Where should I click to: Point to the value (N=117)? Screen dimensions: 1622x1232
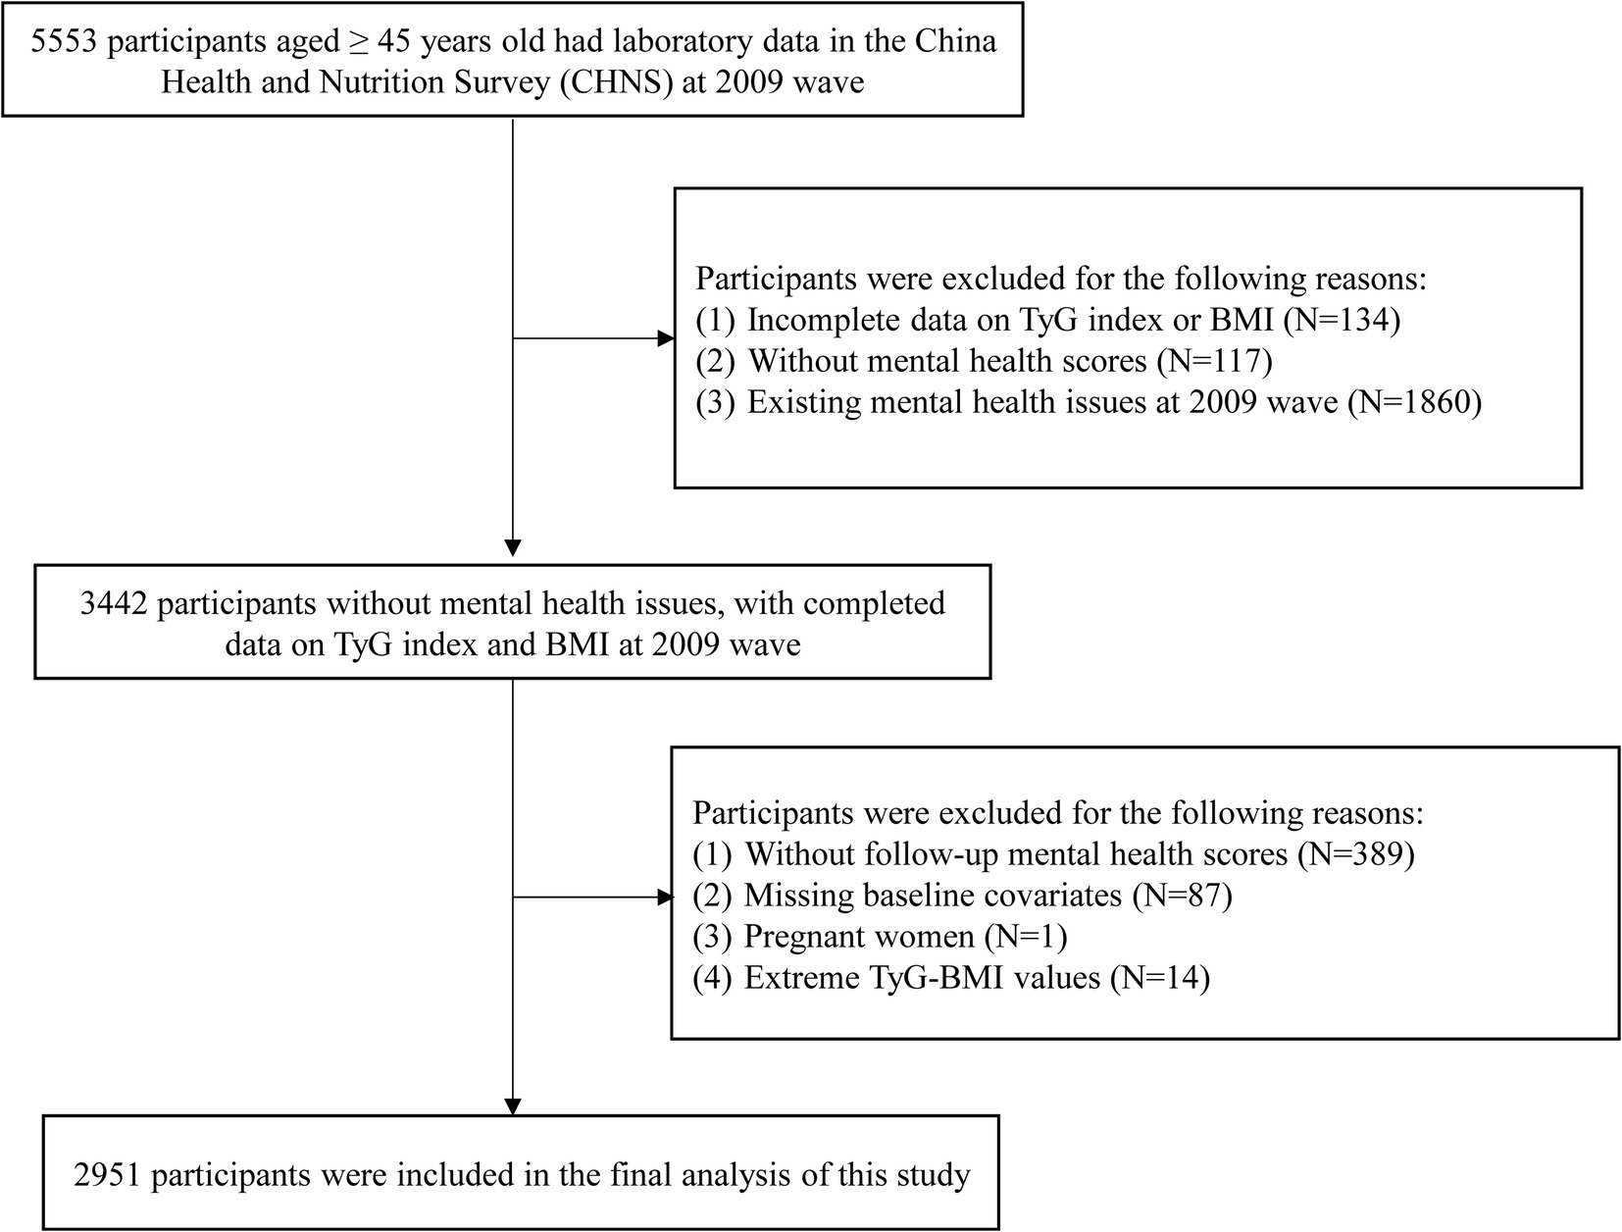coord(1215,361)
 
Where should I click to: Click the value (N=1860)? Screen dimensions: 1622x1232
coord(1414,402)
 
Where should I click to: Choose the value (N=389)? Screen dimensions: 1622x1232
coord(1356,854)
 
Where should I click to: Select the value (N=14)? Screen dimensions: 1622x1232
coord(1160,978)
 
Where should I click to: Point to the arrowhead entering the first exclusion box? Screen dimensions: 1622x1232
coord(666,338)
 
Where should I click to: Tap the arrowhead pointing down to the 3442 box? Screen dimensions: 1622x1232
coord(513,548)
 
